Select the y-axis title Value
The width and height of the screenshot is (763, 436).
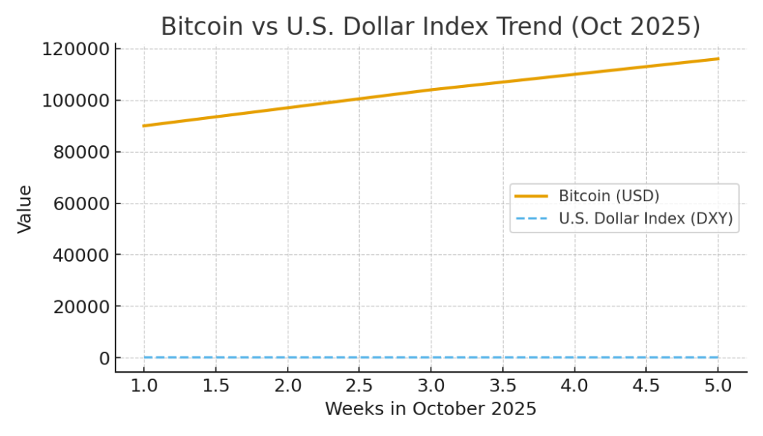(x=25, y=209)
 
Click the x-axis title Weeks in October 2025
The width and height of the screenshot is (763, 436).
(x=430, y=409)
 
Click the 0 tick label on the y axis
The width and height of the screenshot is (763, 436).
(x=105, y=358)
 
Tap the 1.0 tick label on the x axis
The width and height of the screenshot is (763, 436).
(x=144, y=386)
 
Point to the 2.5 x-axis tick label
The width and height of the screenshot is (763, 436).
(x=359, y=386)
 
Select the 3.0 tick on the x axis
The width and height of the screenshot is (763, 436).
(x=431, y=386)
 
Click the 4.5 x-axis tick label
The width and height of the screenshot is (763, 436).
(x=646, y=386)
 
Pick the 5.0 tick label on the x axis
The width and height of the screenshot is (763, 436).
(x=718, y=386)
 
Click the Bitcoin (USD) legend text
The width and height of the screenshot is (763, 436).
(x=609, y=196)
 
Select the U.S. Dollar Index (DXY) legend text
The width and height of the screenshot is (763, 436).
(x=645, y=219)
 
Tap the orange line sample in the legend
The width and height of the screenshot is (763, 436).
(x=531, y=196)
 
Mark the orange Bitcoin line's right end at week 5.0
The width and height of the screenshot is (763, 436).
(x=718, y=59)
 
